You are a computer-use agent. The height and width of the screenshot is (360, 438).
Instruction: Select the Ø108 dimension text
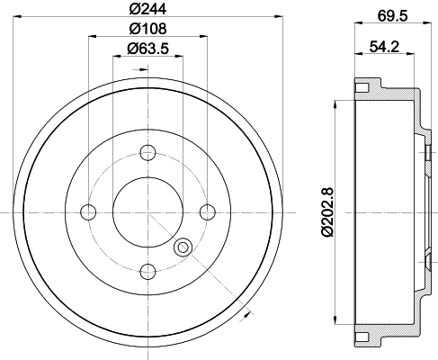tap(147, 30)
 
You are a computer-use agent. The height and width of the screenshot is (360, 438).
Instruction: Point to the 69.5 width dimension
tap(389, 15)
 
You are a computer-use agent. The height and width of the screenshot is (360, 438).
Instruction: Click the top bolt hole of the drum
tap(147, 151)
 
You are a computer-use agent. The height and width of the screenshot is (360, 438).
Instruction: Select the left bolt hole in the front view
tap(88, 211)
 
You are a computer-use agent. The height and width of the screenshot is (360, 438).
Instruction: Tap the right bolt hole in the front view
tap(208, 211)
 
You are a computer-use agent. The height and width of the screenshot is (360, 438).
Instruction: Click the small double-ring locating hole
tap(183, 247)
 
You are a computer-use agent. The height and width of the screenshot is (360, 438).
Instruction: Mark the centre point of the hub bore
tap(147, 211)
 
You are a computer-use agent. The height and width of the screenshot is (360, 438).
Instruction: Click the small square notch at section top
tap(362, 88)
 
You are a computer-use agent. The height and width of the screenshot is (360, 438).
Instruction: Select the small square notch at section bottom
tap(362, 337)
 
